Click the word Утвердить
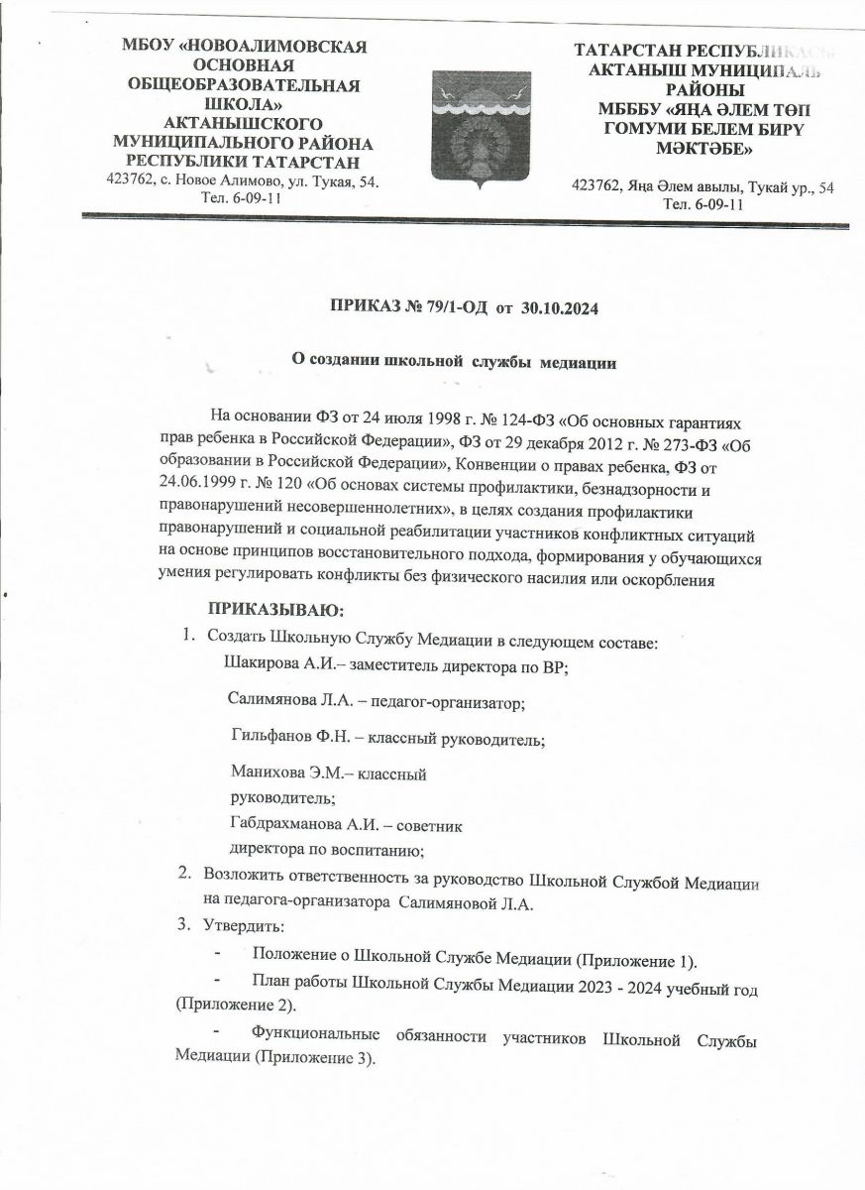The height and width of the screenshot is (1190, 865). (242, 925)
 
